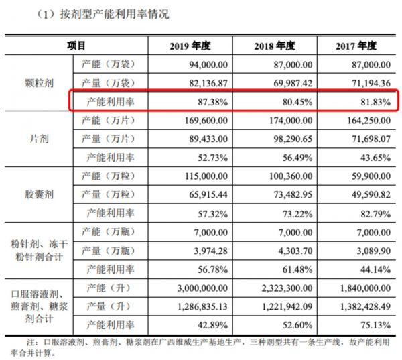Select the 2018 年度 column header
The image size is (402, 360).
point(275,46)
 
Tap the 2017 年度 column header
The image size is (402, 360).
point(356,46)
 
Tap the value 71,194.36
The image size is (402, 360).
point(368,82)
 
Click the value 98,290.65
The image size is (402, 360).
point(289,139)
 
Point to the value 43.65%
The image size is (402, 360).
point(373,158)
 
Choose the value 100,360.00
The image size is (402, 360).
point(286,177)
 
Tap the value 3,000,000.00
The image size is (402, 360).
point(199,289)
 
